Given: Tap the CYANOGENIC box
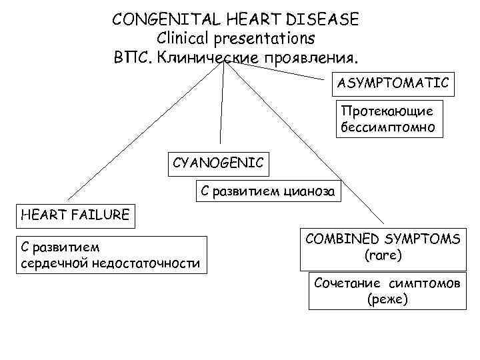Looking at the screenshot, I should [218, 161].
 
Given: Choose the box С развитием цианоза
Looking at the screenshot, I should [268, 191].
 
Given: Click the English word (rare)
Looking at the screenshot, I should [383, 255].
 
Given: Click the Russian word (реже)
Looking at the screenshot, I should [387, 300].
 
